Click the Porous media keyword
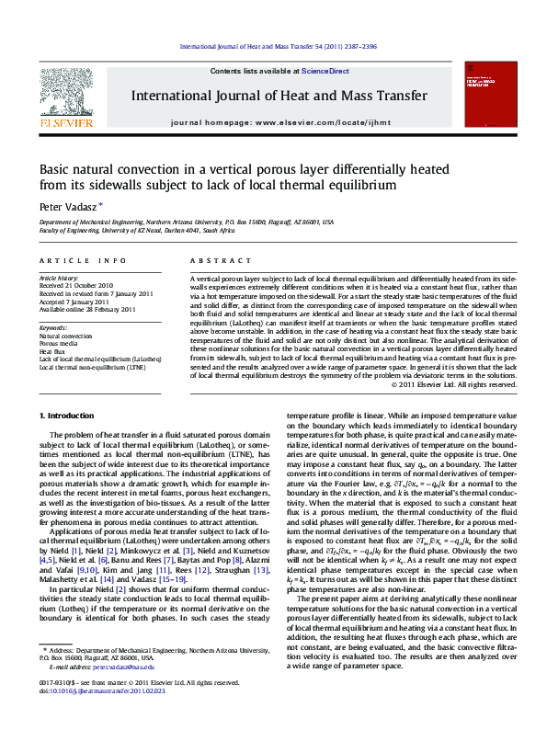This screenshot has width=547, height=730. [x=58, y=344]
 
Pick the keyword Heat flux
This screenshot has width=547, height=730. [x=51, y=351]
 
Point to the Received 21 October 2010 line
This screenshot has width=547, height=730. [x=76, y=285]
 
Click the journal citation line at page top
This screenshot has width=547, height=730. [x=273, y=46]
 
